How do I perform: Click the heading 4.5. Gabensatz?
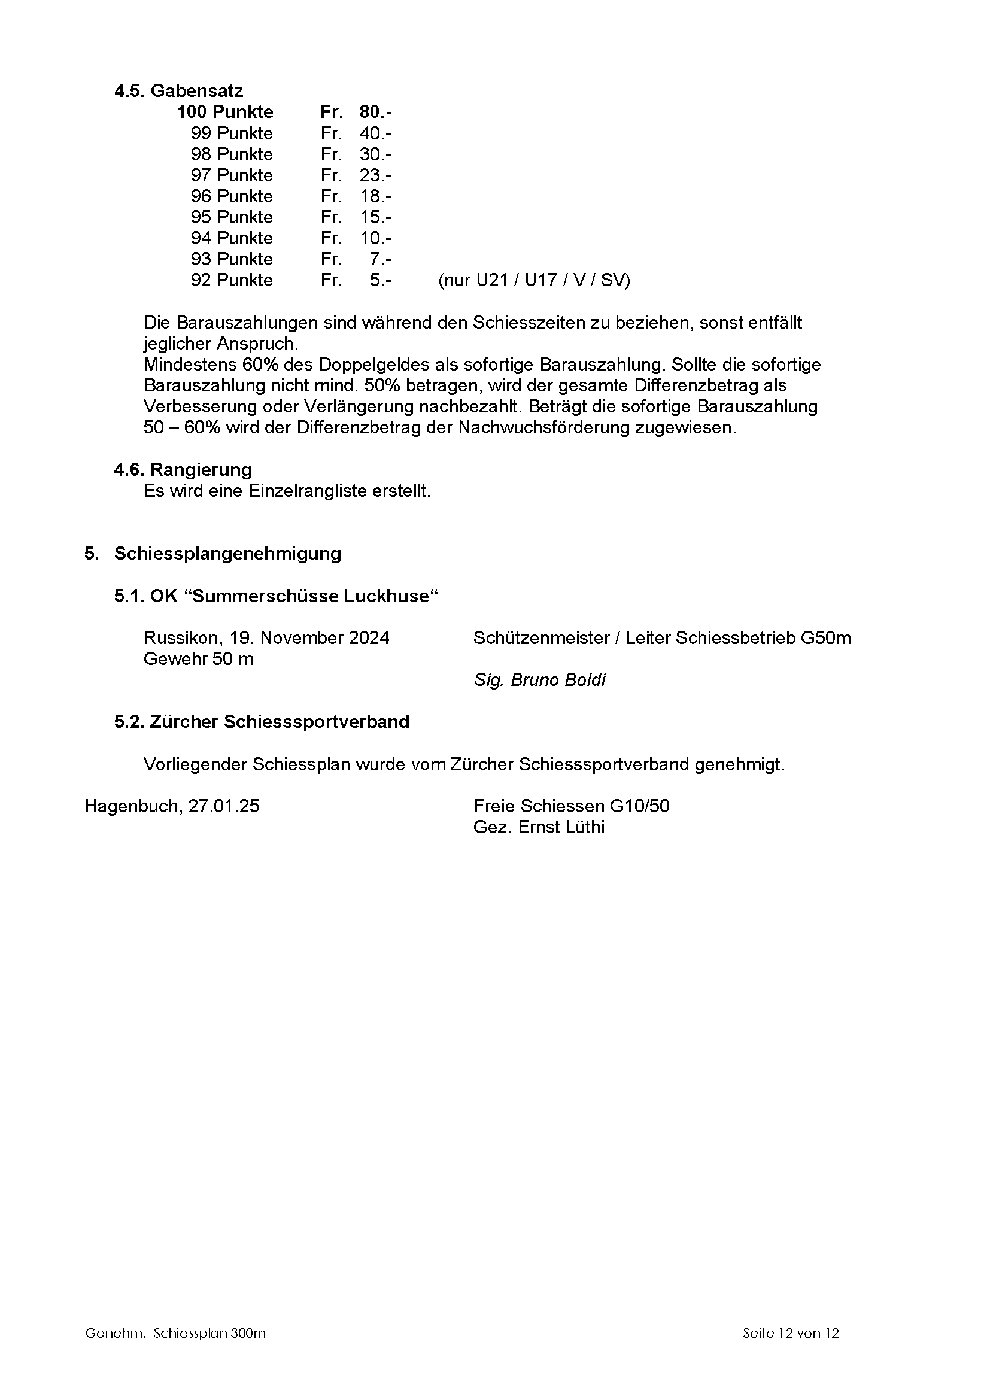(178, 91)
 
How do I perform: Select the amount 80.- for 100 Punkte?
(375, 112)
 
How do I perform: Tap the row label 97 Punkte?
(231, 175)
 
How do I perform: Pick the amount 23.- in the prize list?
(375, 175)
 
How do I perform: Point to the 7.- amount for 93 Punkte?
(380, 259)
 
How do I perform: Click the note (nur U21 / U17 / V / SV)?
(533, 281)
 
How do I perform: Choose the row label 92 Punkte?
(231, 281)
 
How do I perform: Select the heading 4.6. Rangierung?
(183, 469)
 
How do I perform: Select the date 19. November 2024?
(309, 638)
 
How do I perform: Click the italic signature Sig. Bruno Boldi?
(539, 680)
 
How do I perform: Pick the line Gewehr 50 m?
(198, 659)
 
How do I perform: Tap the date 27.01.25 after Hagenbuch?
(224, 806)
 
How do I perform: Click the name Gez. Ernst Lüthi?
(539, 827)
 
